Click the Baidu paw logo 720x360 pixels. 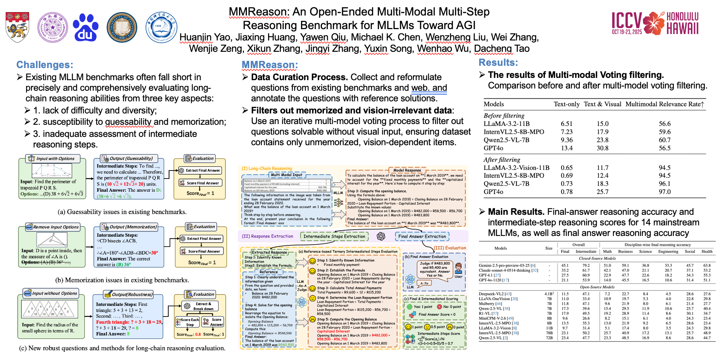pos(85,27)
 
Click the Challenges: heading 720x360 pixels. pos(45,65)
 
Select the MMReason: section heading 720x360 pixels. pos(270,65)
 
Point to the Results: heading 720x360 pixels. pos(498,63)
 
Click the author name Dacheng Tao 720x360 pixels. pos(501,49)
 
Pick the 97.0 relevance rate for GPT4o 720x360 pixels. pos(664,192)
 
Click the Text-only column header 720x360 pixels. pos(566,104)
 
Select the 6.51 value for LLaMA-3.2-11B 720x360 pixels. pos(566,124)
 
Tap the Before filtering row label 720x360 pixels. pos(504,116)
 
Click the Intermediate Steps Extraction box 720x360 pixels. pos(334,236)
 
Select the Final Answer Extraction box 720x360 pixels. pos(422,236)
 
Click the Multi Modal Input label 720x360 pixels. pos(286,175)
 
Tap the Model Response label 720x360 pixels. pos(407,170)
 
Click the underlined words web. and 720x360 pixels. pos(429,88)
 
